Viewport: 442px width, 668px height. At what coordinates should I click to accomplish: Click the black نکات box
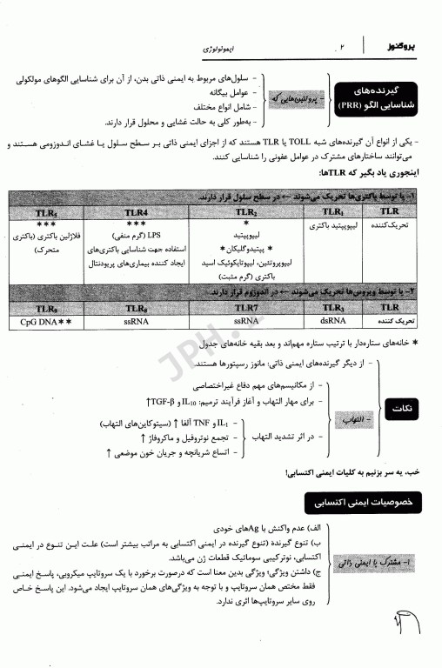pos(403,415)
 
